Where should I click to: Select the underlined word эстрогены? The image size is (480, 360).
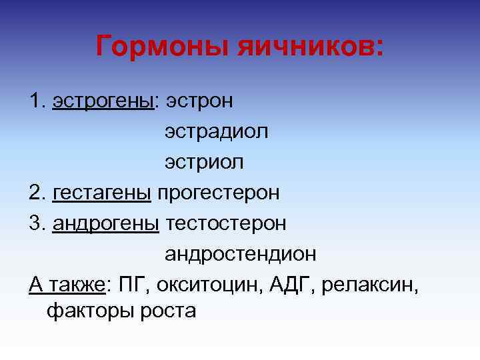pos(103,101)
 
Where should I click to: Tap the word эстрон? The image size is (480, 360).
pos(199,101)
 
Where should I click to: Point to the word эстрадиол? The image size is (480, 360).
pos(217,131)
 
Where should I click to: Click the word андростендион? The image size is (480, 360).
pos(241,254)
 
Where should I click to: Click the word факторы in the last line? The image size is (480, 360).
pos(87,311)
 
